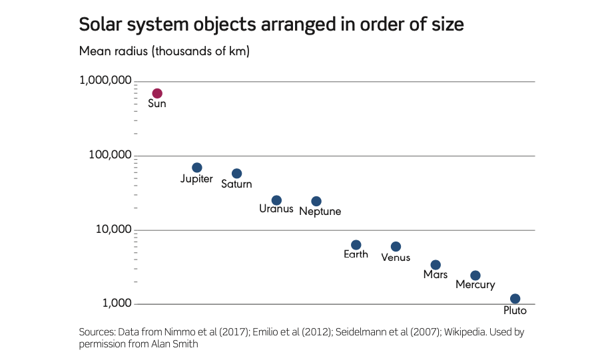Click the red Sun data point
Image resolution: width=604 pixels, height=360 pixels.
point(157,93)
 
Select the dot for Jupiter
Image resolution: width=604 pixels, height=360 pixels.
point(197,168)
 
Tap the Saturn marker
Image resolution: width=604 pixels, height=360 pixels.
point(236,174)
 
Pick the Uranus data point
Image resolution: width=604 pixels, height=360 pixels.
point(276,200)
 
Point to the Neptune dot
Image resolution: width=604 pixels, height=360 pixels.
point(316,201)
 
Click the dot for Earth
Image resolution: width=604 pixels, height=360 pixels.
point(356,245)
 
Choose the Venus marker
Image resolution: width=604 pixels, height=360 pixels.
point(396,247)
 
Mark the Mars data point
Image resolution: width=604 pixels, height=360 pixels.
point(436,265)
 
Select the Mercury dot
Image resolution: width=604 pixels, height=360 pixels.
point(475,275)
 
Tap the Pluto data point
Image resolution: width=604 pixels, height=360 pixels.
point(515,299)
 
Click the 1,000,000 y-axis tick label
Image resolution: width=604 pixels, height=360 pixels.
point(105,81)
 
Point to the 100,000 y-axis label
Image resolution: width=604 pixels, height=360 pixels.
point(110,155)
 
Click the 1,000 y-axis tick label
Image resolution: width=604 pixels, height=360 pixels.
point(115,303)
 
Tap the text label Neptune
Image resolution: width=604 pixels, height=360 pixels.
point(320,212)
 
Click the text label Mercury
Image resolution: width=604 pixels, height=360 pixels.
point(475,285)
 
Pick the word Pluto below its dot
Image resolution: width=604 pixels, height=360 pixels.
point(515,311)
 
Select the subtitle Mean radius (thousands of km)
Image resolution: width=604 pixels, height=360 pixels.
point(164,51)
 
